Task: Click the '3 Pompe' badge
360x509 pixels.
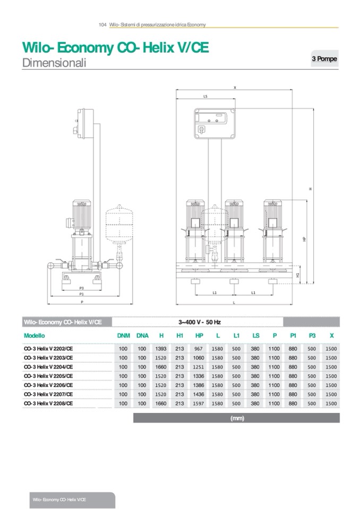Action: [323, 59]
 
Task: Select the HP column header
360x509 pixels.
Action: [199, 335]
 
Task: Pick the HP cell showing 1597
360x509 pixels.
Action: [199, 403]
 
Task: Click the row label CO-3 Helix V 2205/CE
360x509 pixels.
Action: [48, 376]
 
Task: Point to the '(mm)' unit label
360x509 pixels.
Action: [237, 418]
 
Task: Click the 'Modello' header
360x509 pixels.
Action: [35, 335]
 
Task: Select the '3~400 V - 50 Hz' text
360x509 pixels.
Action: [199, 322]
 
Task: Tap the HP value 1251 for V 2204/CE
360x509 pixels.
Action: [199, 367]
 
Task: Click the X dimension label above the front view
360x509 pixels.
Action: [235, 88]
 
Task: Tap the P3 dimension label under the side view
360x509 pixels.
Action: [82, 288]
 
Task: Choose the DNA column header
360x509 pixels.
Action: [142, 335]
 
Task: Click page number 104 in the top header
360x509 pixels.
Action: [103, 24]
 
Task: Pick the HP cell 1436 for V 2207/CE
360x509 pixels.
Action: [199, 394]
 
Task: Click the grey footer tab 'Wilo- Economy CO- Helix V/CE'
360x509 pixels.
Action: [59, 500]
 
